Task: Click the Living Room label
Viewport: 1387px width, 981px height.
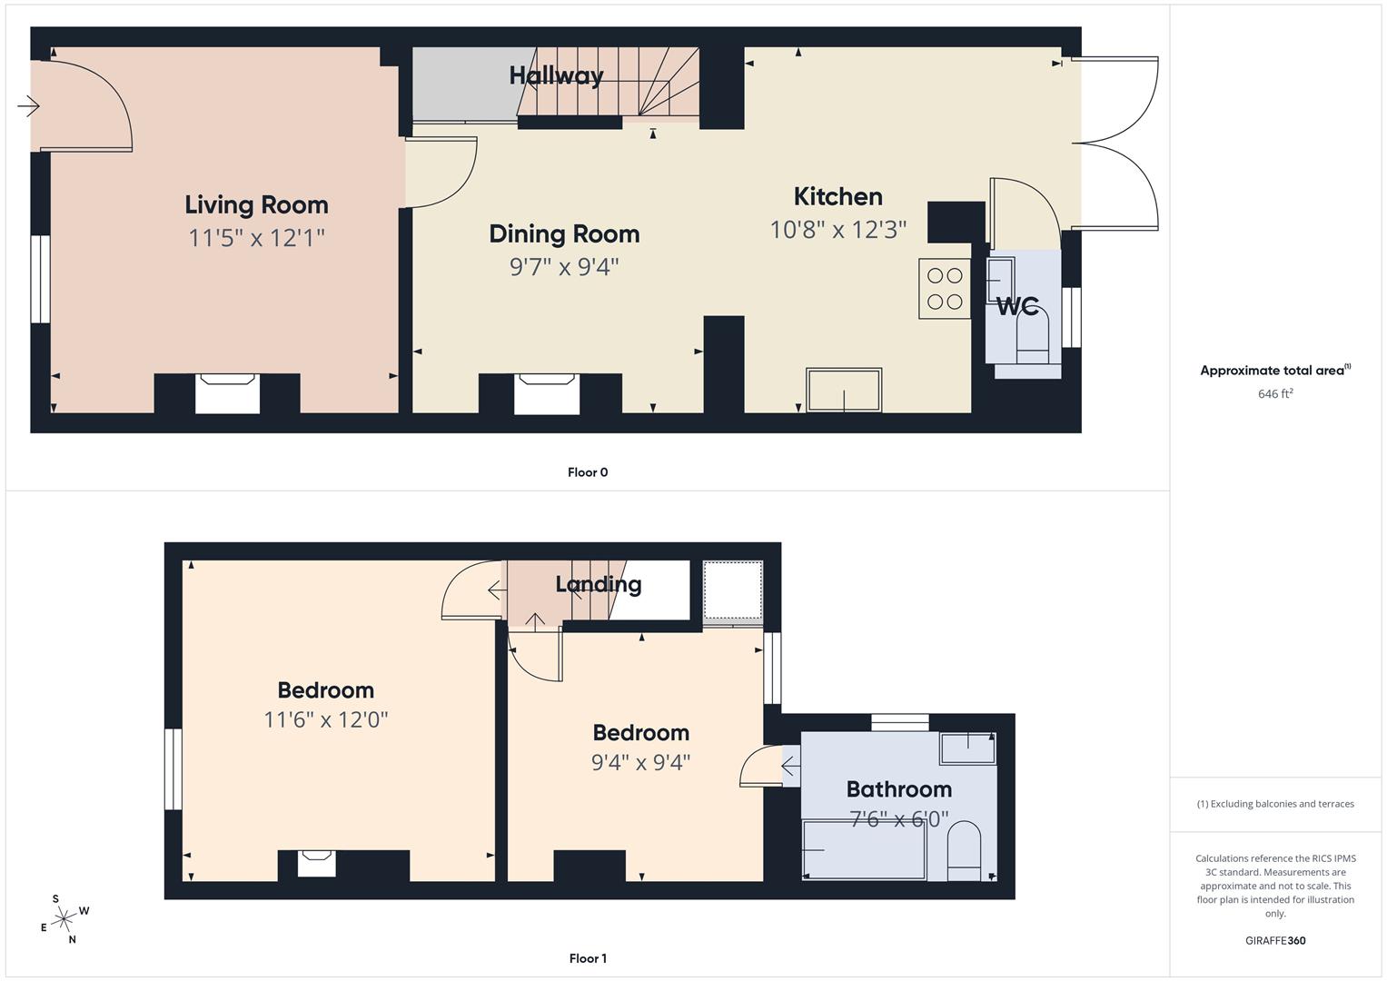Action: pos(256,204)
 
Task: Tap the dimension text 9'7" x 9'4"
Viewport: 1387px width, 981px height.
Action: pos(564,267)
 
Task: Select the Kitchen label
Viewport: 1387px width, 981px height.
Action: pos(837,196)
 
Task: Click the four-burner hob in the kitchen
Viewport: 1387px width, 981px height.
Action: pos(945,289)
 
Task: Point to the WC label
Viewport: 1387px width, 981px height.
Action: pos(1017,306)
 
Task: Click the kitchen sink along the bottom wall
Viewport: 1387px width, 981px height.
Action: pos(844,390)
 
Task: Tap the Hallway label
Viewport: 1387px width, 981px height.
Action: pos(556,75)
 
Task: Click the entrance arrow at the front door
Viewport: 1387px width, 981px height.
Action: pos(28,107)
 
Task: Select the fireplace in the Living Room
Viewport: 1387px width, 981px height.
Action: pos(227,392)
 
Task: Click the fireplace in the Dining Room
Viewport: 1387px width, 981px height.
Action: pos(546,392)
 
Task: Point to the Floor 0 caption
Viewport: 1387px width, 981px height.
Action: pos(588,472)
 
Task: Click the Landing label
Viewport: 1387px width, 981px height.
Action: pos(598,584)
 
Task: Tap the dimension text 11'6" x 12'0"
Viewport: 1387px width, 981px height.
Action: pos(326,719)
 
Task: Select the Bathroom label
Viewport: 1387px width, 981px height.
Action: pos(898,788)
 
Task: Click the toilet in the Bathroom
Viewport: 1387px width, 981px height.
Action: pos(964,852)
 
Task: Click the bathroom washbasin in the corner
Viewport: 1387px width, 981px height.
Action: pos(967,748)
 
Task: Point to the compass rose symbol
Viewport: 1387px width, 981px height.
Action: pos(64,919)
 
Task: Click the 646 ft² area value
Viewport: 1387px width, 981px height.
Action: pos(1275,394)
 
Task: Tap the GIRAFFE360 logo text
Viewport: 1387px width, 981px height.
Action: pos(1275,940)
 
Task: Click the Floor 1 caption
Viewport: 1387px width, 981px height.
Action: pos(588,958)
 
